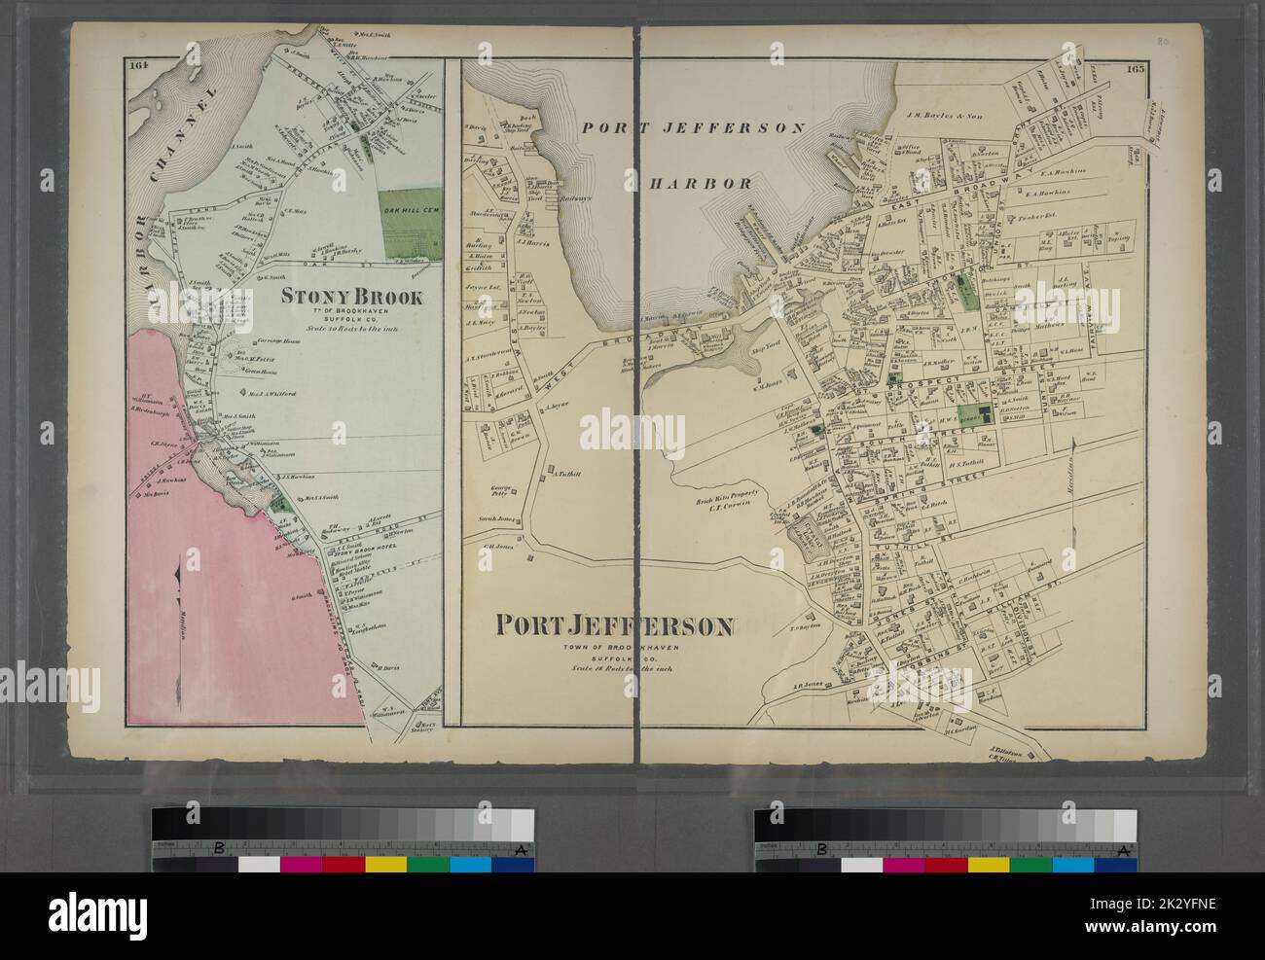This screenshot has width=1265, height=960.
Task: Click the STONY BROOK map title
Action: (x=352, y=296)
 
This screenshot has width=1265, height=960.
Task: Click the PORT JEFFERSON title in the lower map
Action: (x=615, y=624)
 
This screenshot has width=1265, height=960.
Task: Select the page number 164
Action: (x=135, y=66)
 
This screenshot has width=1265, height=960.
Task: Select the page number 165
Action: (x=1135, y=69)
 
